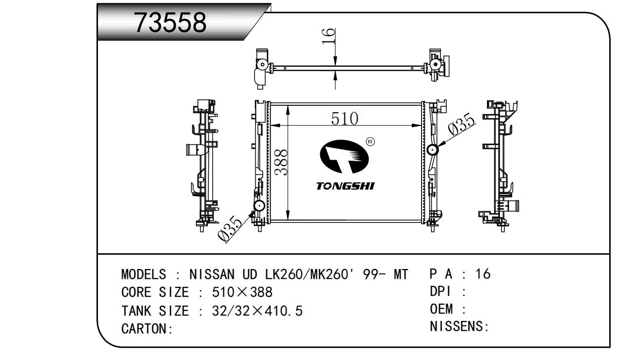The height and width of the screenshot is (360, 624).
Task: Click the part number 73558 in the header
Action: [x=170, y=23]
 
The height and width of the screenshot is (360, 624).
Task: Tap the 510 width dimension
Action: [x=344, y=119]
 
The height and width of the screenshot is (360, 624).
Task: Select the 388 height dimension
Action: [x=281, y=162]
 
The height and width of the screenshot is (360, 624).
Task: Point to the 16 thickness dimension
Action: [x=328, y=36]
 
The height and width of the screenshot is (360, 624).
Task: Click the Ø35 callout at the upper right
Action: [x=462, y=125]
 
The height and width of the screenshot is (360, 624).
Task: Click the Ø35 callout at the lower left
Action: [x=230, y=228]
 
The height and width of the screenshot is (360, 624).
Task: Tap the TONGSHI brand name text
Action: [x=345, y=186]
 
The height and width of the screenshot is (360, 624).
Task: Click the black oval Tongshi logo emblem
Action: [x=344, y=156]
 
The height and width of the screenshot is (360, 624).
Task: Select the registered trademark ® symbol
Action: [x=370, y=142]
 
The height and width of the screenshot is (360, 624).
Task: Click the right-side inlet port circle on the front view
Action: [x=432, y=150]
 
